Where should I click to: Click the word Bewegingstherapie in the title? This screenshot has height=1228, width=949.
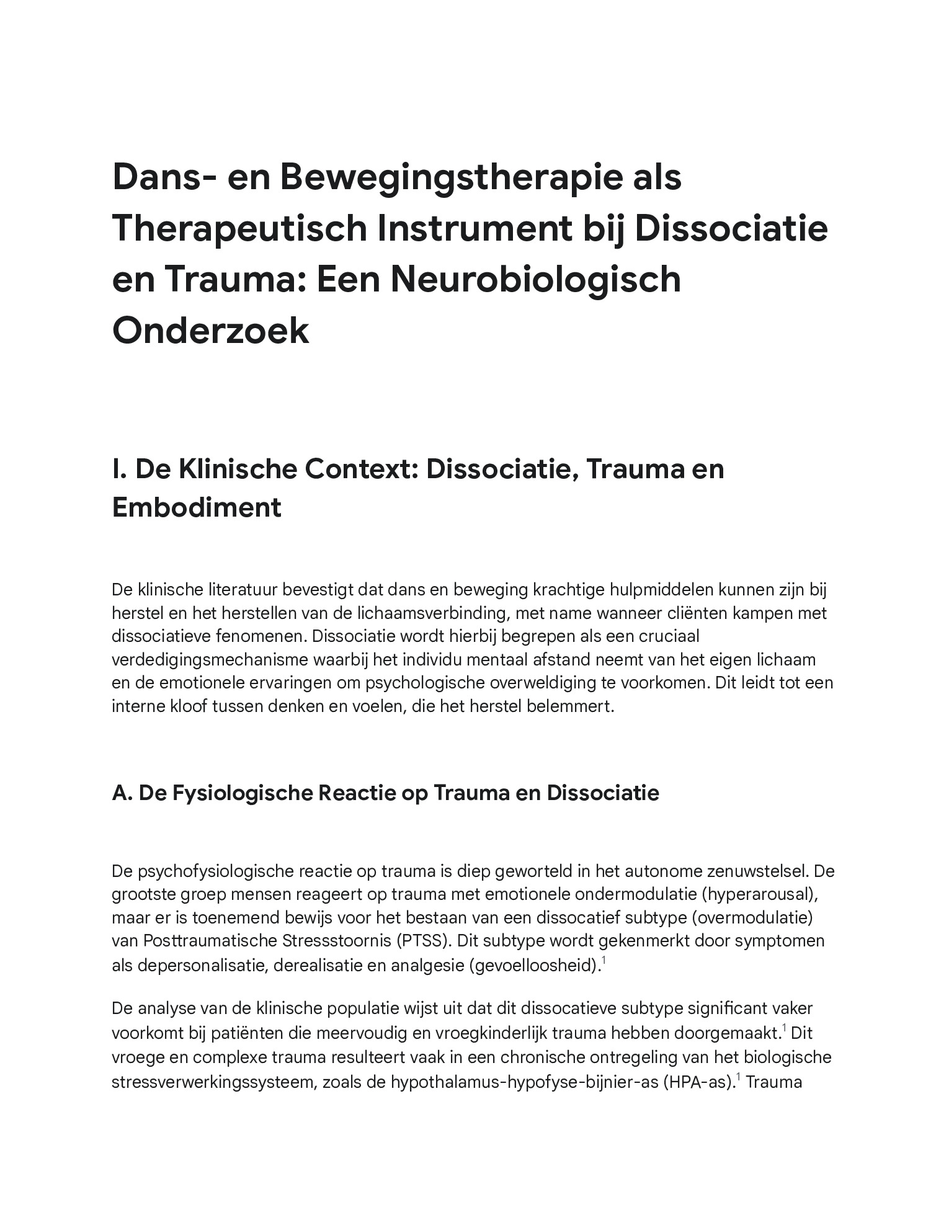[x=443, y=177]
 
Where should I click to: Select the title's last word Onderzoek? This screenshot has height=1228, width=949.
[x=210, y=330]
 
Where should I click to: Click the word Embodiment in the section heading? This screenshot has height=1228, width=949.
[x=197, y=507]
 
